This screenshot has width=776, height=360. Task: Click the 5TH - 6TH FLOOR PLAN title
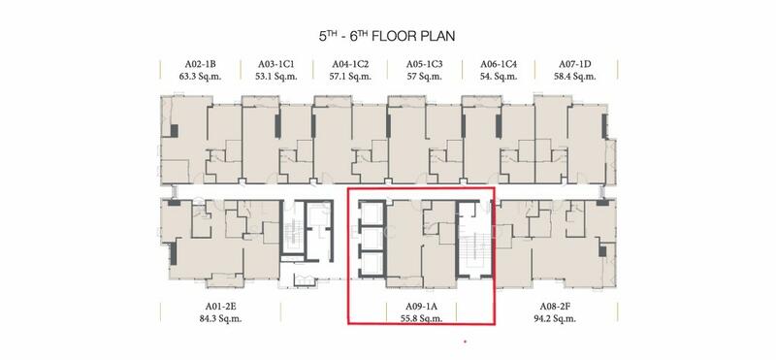pyautogui.click(x=387, y=36)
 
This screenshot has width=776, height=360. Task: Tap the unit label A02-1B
pyautogui.click(x=201, y=64)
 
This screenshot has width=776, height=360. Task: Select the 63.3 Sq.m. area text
pyautogui.click(x=201, y=77)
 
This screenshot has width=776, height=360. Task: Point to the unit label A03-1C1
pyautogui.click(x=276, y=64)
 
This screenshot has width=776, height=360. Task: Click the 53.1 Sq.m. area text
pyautogui.click(x=276, y=77)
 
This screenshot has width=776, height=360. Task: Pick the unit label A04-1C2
pyautogui.click(x=350, y=64)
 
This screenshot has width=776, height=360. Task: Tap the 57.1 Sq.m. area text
pyautogui.click(x=350, y=77)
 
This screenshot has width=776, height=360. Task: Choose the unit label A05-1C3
pyautogui.click(x=425, y=64)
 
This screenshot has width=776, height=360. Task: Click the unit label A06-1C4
pyautogui.click(x=499, y=64)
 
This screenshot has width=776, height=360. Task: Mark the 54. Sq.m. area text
pyautogui.click(x=499, y=77)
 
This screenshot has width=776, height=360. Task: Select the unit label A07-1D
pyautogui.click(x=575, y=64)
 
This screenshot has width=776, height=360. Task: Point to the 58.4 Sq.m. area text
pyautogui.click(x=575, y=77)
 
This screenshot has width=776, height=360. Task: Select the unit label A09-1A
pyautogui.click(x=421, y=307)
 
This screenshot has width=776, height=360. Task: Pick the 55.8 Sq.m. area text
pyautogui.click(x=421, y=319)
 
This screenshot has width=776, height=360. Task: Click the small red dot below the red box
pyautogui.click(x=465, y=342)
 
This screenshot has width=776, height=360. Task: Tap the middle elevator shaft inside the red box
pyautogui.click(x=372, y=239)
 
